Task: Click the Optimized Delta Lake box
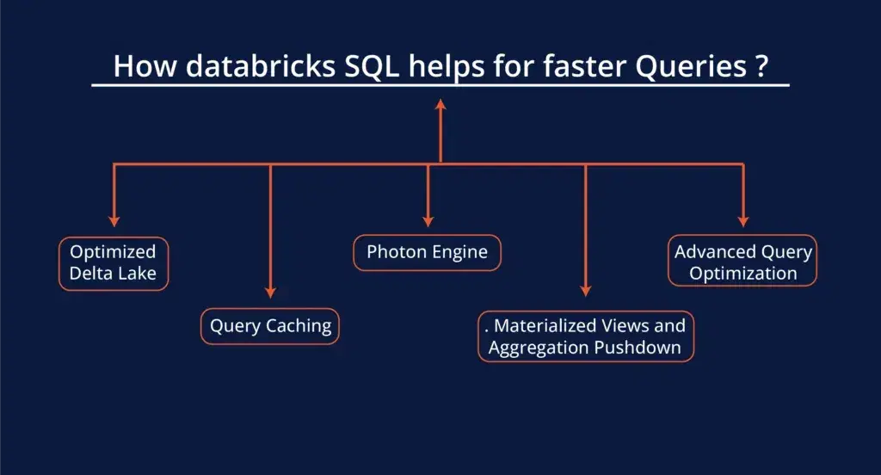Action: [114, 263]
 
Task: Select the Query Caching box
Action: [270, 326]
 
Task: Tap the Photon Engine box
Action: [427, 252]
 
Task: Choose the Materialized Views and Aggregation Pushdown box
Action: [586, 336]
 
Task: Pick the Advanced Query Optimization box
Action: [742, 261]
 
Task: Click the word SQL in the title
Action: [372, 66]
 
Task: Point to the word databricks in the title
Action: [261, 66]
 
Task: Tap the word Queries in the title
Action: [691, 67]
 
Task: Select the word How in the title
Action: [145, 66]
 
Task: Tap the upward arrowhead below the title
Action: [440, 105]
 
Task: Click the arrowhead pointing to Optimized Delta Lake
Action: [114, 221]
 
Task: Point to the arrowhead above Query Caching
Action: [270, 293]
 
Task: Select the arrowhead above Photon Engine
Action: [428, 221]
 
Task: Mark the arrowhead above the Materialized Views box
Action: [585, 291]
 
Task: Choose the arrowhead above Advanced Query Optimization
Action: [743, 221]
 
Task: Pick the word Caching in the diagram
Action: [299, 326]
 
